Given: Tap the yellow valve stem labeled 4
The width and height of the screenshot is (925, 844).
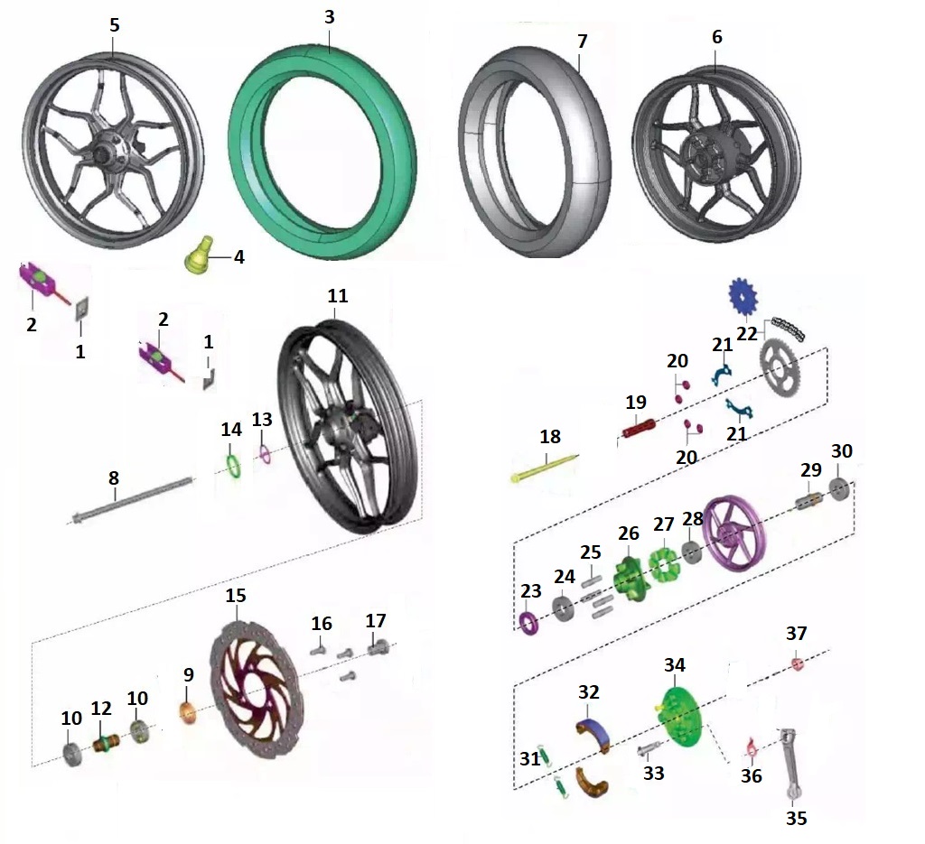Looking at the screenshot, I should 200,255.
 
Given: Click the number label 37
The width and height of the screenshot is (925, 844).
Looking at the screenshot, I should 796,634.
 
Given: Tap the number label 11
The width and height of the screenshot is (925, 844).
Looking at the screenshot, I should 338,296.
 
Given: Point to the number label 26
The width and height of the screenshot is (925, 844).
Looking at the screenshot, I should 629,533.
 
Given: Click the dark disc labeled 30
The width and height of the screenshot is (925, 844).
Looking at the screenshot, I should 837,489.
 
